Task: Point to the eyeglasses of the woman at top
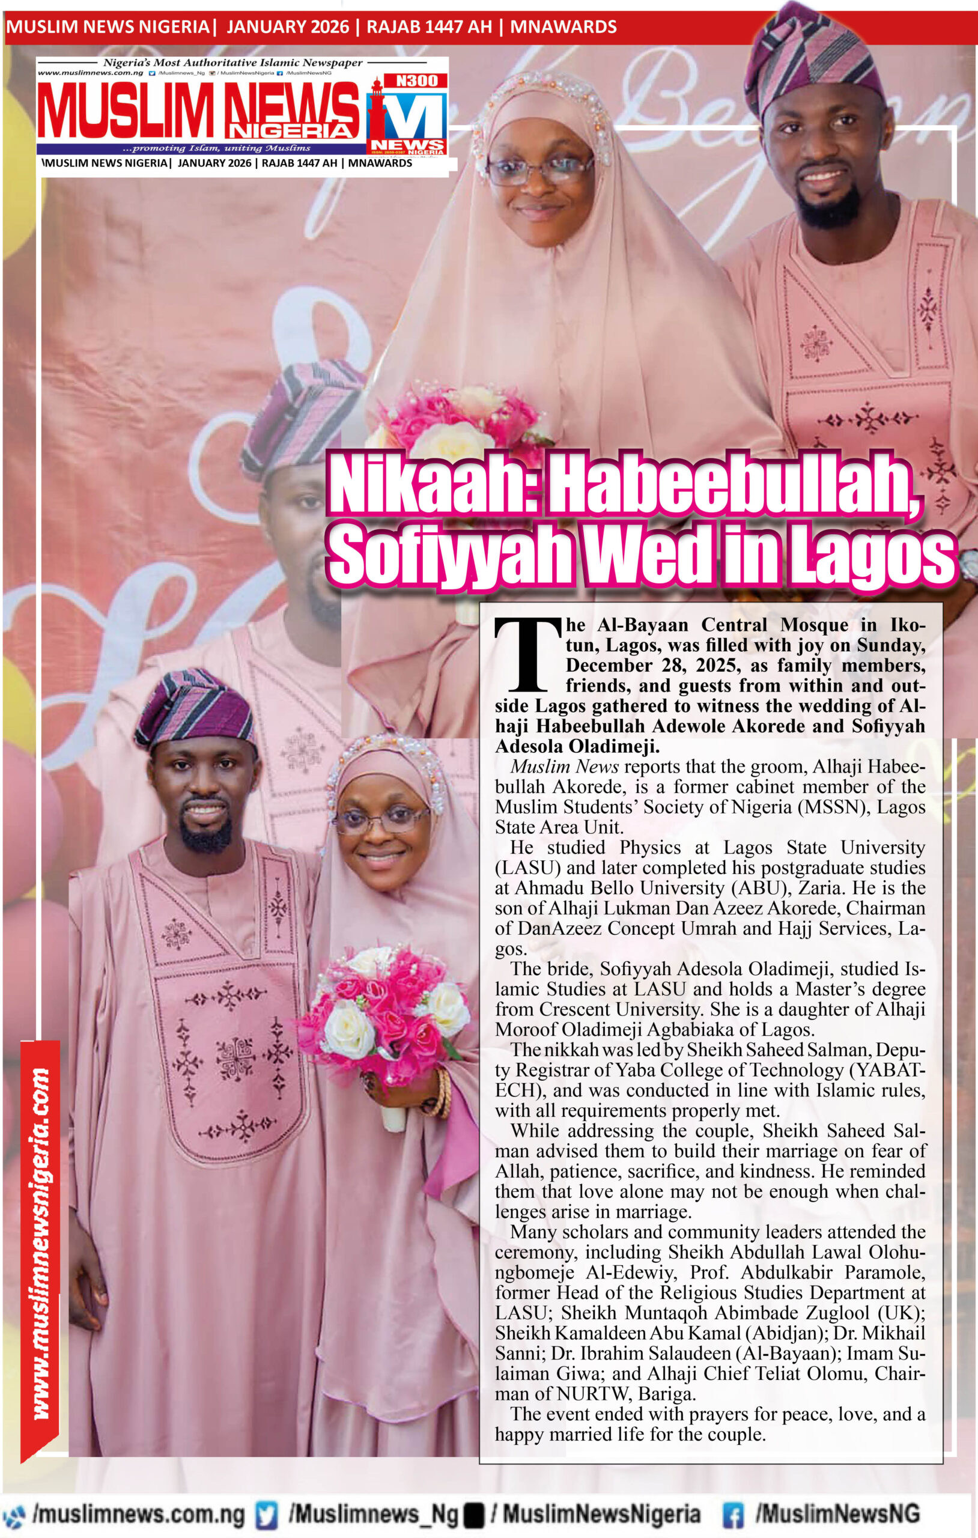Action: tap(541, 168)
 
